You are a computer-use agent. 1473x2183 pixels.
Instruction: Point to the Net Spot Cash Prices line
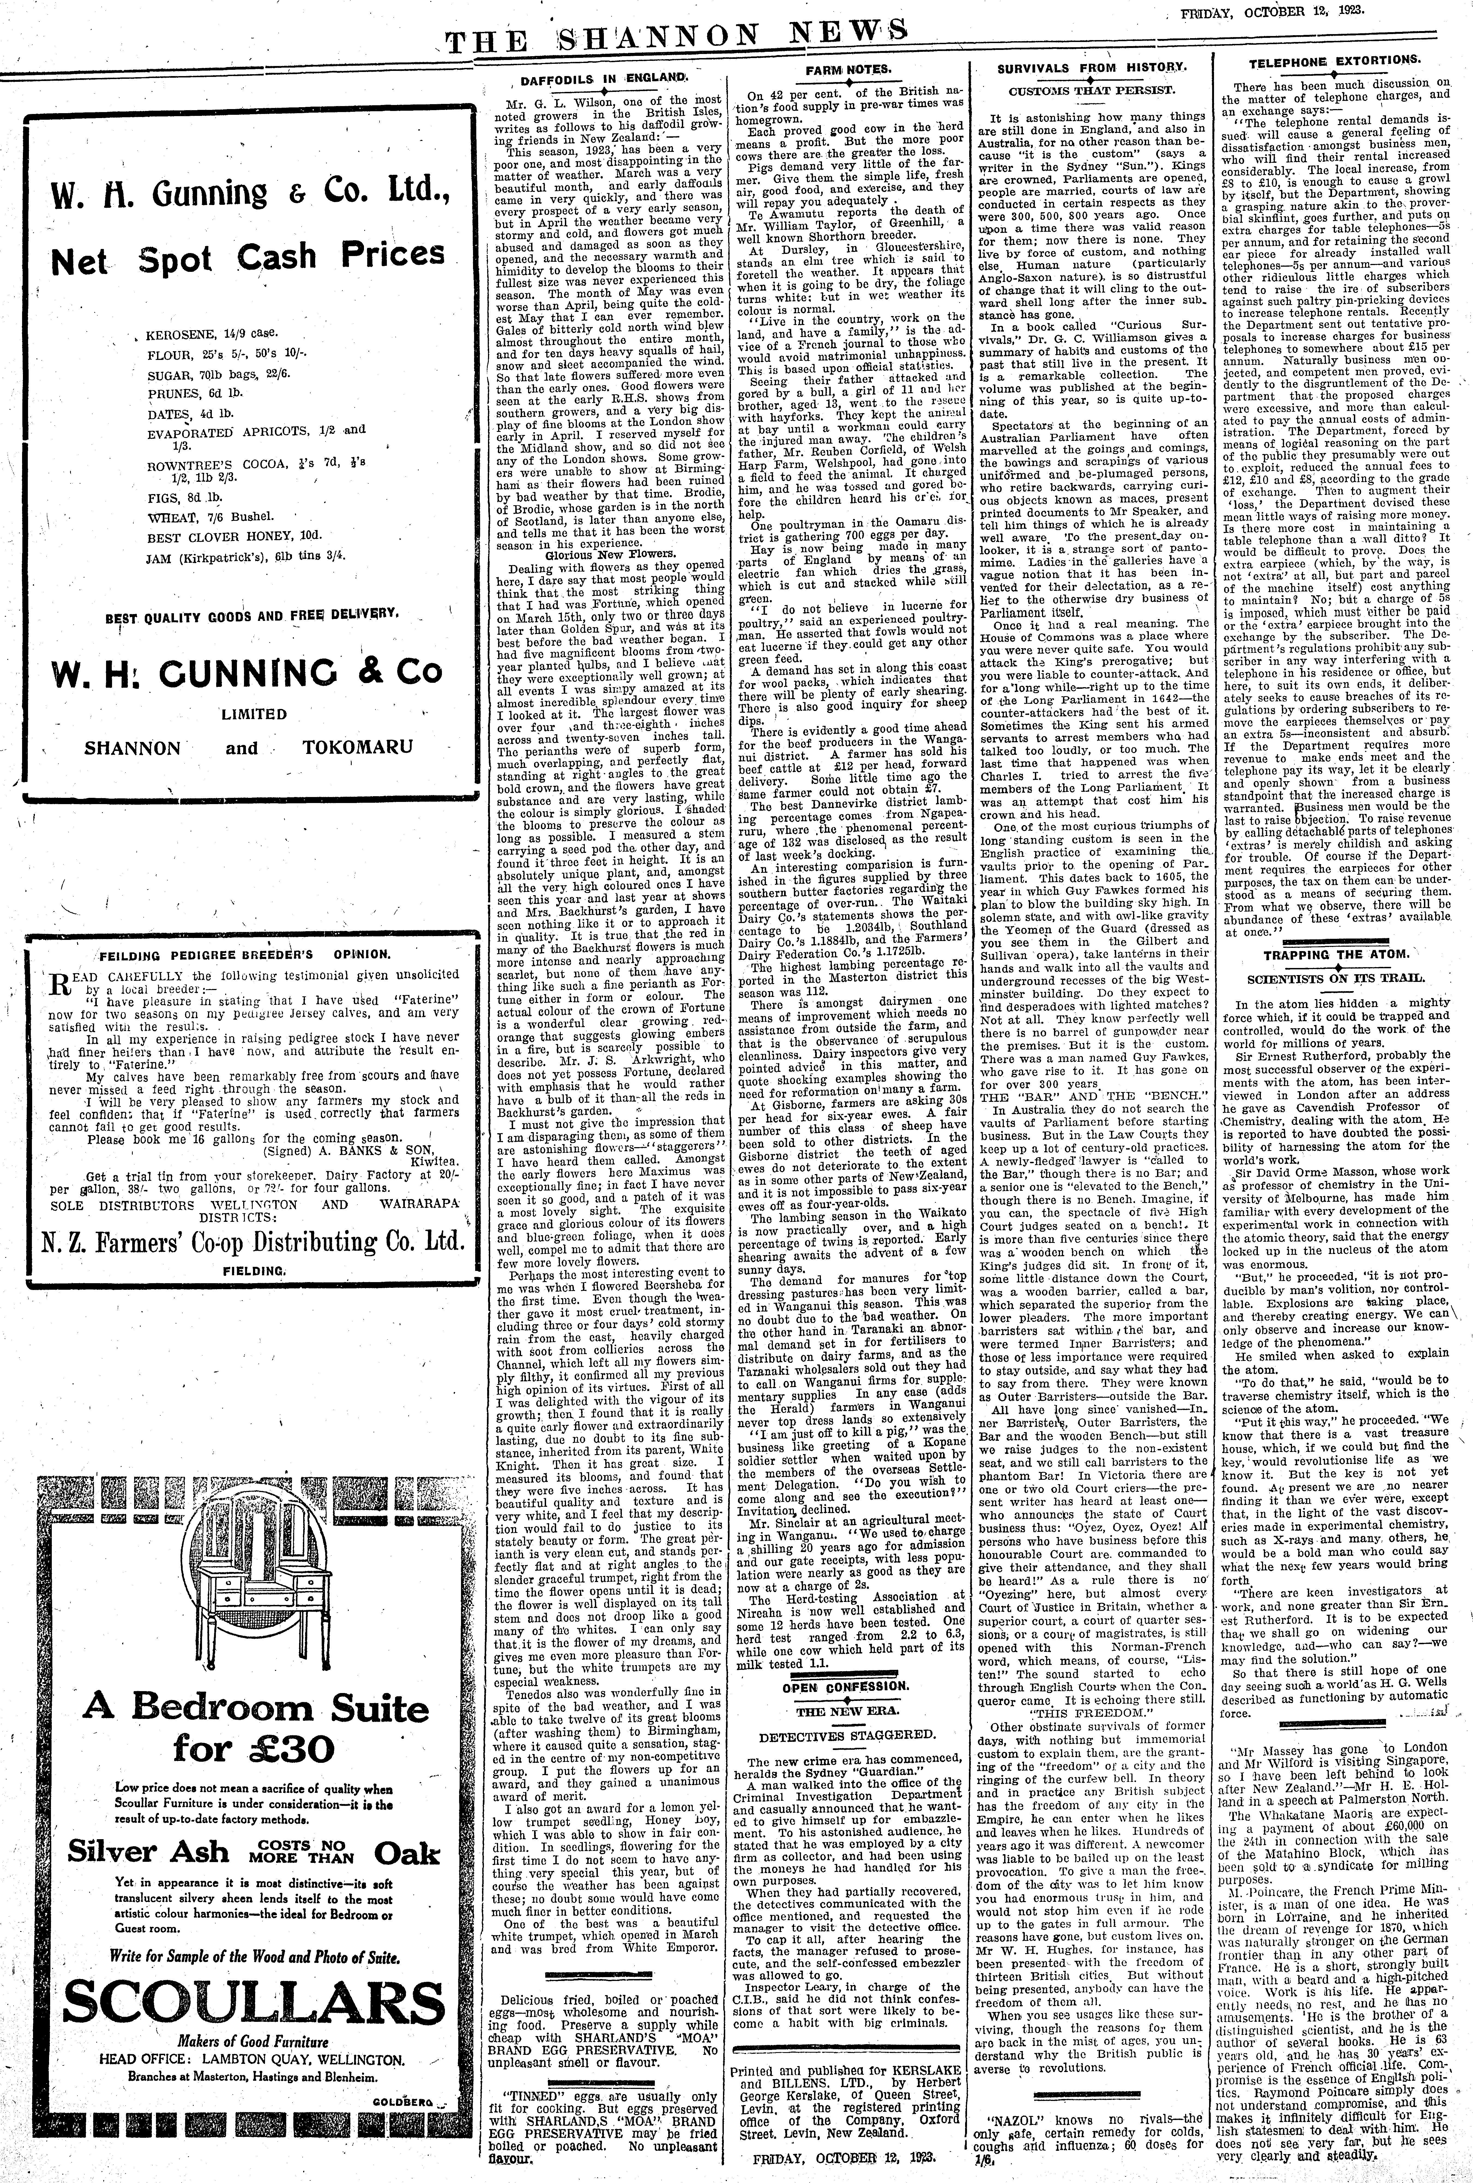coord(248,255)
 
